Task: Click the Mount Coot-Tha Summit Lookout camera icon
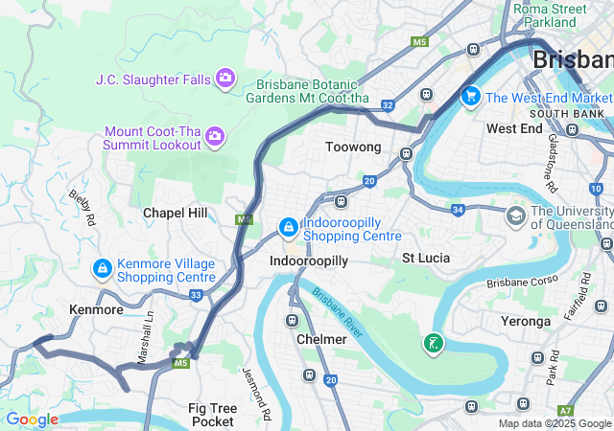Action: point(215,138)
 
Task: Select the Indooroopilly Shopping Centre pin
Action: point(288,228)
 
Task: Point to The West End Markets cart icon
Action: point(470,96)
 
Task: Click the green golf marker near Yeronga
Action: point(434,342)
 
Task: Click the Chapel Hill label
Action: point(175,213)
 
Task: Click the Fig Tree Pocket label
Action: point(212,414)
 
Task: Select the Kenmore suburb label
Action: point(96,310)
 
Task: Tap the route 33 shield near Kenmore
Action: point(196,295)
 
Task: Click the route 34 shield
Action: point(458,209)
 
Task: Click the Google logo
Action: point(32,420)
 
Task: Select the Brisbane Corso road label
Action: point(521,283)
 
